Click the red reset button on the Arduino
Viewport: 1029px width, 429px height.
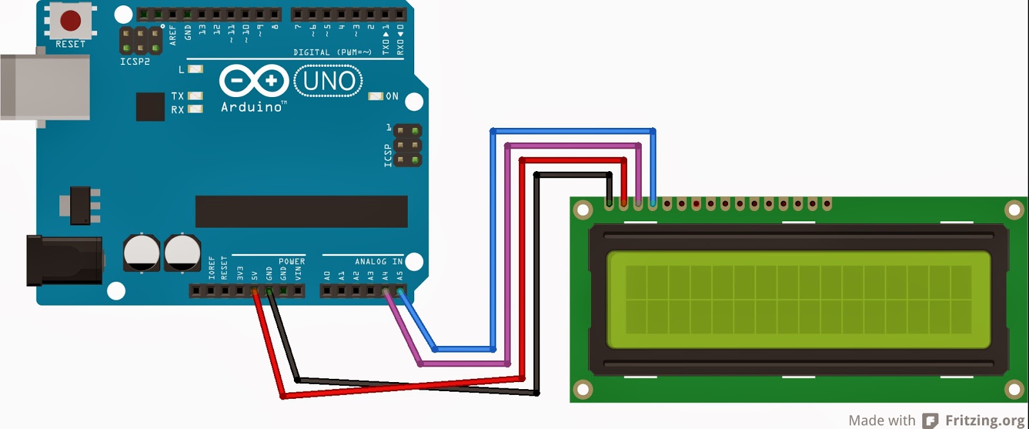[x=70, y=20]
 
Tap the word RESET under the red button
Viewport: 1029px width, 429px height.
[x=70, y=44]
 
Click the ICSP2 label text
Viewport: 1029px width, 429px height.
[x=134, y=62]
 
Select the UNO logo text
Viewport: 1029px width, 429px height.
[x=329, y=81]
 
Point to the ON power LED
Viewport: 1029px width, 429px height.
[x=375, y=96]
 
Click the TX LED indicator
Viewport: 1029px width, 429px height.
[x=195, y=96]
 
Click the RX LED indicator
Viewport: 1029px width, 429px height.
[x=195, y=109]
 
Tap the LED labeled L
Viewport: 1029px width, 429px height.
[x=196, y=69]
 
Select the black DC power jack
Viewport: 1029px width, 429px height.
[x=63, y=260]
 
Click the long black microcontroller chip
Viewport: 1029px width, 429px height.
[x=301, y=212]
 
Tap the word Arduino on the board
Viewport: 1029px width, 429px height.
[x=251, y=107]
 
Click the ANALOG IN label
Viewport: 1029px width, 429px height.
[x=379, y=262]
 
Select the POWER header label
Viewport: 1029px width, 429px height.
[x=291, y=262]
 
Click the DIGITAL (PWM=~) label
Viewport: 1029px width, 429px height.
[x=332, y=53]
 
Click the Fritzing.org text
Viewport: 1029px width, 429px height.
[x=985, y=421]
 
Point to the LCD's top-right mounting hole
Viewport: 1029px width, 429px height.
[x=1014, y=210]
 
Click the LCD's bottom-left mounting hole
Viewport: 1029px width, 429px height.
[x=583, y=388]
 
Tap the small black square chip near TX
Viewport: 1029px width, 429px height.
[x=150, y=107]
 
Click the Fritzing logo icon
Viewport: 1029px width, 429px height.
[x=930, y=421]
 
